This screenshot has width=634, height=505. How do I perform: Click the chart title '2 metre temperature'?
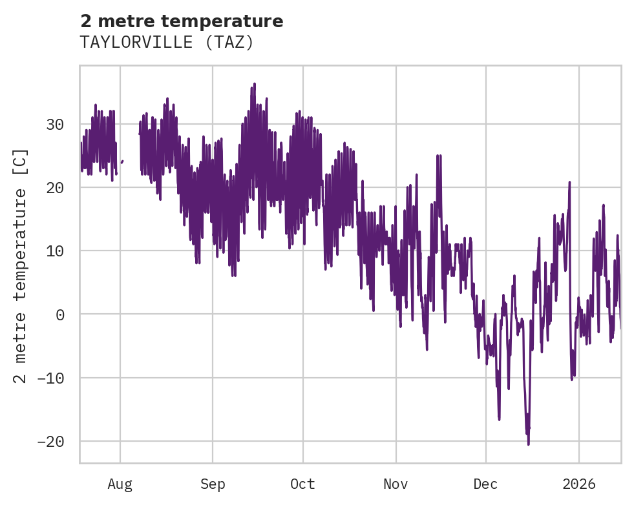point(182,21)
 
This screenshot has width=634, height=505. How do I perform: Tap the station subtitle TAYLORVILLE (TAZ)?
point(167,43)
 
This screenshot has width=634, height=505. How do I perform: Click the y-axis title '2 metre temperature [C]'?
point(21,265)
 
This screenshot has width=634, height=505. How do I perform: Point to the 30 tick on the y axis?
point(56,124)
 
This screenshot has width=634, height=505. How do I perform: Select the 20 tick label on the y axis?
point(56,187)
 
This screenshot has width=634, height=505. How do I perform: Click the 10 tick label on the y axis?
point(56,251)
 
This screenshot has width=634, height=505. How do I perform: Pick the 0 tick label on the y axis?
point(61,314)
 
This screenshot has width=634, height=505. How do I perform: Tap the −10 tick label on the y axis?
point(51,378)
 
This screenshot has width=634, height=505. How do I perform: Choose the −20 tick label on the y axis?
point(51,441)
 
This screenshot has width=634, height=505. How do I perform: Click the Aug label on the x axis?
point(120,484)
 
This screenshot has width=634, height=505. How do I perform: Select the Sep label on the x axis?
point(213,484)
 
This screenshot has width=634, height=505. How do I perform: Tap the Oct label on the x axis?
point(302,484)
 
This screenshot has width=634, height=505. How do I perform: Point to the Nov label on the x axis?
point(396,484)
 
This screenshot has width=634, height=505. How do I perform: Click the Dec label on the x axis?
point(485,484)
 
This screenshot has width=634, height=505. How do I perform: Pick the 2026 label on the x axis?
point(578,484)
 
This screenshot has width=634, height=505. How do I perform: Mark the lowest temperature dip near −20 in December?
point(528,443)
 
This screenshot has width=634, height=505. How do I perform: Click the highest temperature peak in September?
point(255,84)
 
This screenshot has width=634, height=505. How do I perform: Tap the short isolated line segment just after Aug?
point(122,161)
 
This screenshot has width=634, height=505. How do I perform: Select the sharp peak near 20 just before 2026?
point(569,183)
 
